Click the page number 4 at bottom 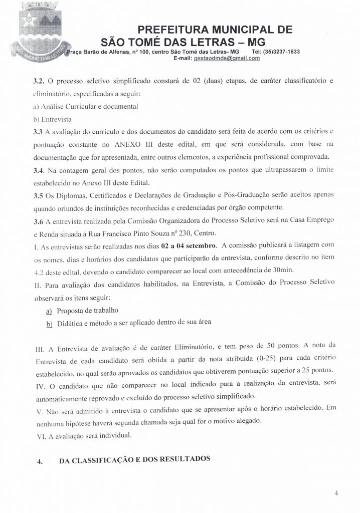[336, 492]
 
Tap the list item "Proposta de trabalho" [84, 310]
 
